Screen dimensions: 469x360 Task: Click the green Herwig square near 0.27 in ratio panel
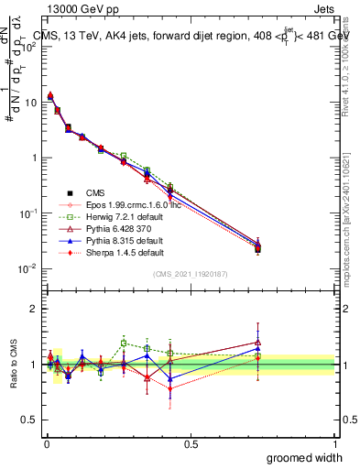[124, 344]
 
